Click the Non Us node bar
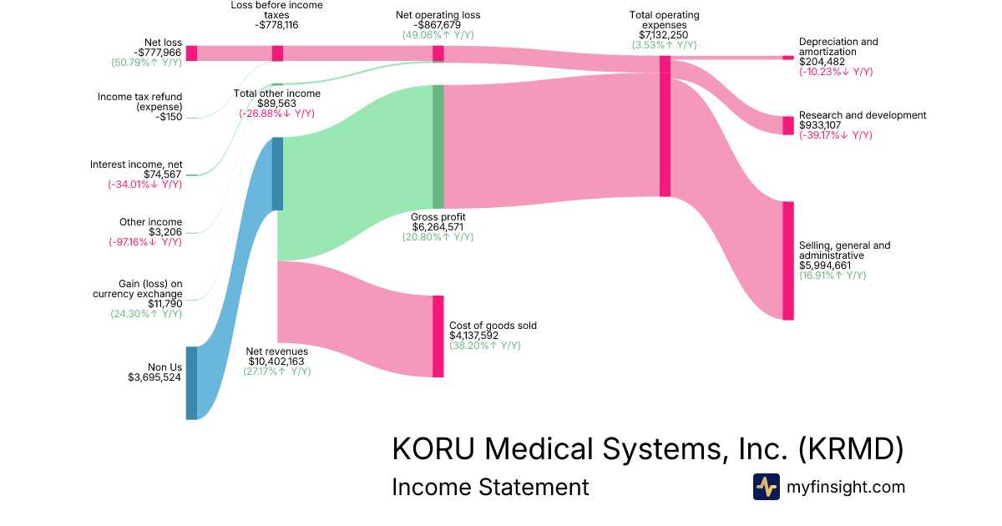(191, 382)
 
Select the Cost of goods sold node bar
(438, 336)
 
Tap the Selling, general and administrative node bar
(787, 260)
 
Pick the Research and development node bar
(787, 125)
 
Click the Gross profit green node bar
(438, 146)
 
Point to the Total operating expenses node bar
(665, 126)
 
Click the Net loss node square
(191, 53)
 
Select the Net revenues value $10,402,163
(276, 362)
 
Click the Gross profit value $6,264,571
(438, 227)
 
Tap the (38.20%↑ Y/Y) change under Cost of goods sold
(485, 346)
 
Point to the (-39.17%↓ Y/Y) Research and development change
(836, 135)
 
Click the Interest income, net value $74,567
(163, 174)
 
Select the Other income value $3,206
(165, 232)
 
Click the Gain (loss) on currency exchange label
(138, 289)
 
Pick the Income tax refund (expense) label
(139, 102)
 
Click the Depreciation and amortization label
(838, 47)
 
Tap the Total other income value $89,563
(276, 104)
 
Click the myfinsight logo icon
(766, 487)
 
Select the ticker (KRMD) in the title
(851, 449)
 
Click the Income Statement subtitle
(490, 487)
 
